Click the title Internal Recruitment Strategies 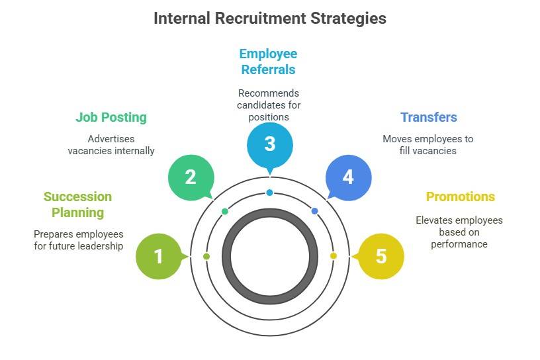(269, 19)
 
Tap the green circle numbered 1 (158, 256)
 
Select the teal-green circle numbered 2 (191, 177)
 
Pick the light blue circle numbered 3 (269, 144)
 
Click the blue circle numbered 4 (348, 177)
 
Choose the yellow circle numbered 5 (381, 256)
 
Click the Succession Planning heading (77, 204)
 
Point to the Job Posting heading (111, 118)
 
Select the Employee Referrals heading (268, 62)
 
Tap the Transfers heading (428, 118)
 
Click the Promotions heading (460, 197)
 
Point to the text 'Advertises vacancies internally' (111, 145)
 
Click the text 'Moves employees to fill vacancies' (428, 145)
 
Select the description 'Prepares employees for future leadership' (78, 240)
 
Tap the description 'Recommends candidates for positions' (268, 105)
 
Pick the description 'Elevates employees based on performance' (459, 232)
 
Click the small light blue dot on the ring (269, 193)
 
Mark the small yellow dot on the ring (333, 256)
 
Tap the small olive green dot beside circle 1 (206, 256)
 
